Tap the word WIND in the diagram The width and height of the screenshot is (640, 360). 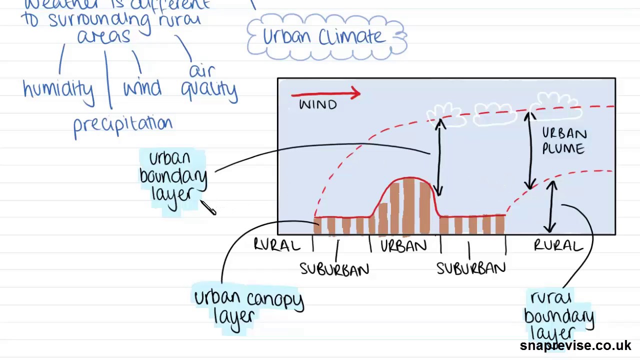click(x=318, y=105)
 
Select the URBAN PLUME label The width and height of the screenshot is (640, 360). click(x=563, y=141)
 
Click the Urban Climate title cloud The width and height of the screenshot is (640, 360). click(x=326, y=37)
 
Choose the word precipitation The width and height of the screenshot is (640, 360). click(x=122, y=125)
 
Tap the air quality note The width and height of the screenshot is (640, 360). click(x=208, y=81)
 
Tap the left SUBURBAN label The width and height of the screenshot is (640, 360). click(x=334, y=269)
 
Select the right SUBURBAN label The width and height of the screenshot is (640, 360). click(x=471, y=268)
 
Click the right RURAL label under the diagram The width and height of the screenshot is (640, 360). click(x=558, y=245)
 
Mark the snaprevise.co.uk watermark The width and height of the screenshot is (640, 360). click(x=575, y=345)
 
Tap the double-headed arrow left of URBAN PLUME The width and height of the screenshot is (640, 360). click(x=530, y=150)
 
